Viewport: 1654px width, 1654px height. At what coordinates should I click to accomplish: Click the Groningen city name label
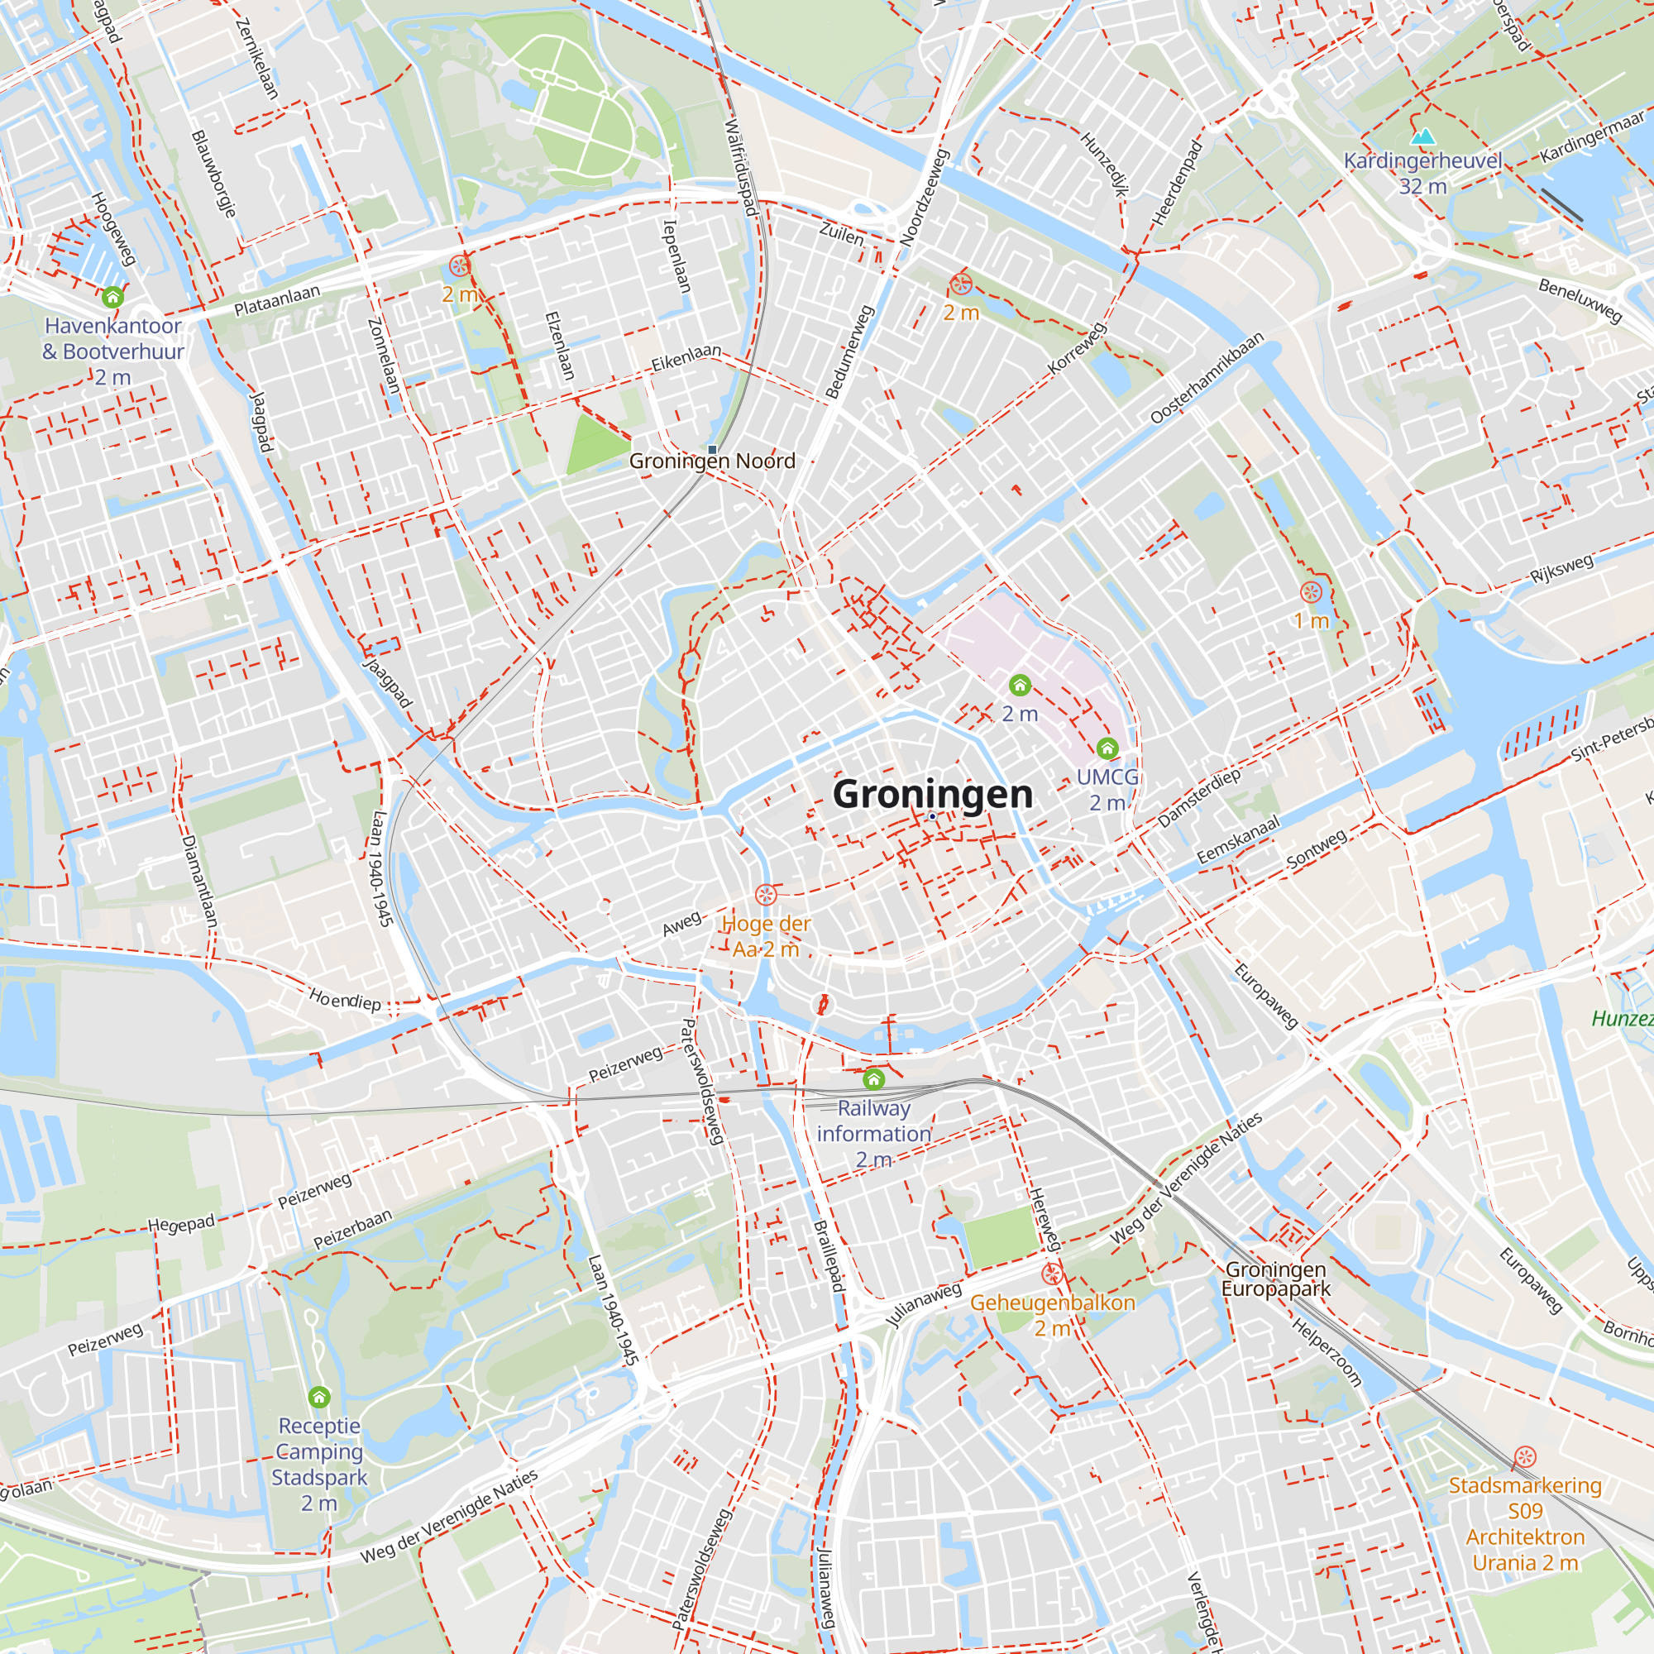pos(932,794)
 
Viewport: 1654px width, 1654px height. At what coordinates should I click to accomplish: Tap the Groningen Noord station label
pos(712,461)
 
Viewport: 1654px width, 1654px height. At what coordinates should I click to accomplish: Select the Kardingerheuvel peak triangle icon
pos(1422,137)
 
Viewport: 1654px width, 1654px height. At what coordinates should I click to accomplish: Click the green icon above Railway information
pos(873,1078)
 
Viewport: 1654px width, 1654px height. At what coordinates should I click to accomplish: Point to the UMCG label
pos(1107,777)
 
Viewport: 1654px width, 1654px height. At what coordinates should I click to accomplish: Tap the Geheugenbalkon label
pos(1052,1303)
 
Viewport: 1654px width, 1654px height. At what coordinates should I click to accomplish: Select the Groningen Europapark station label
pos(1275,1279)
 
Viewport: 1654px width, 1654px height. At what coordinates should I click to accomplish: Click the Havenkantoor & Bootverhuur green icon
pos(113,297)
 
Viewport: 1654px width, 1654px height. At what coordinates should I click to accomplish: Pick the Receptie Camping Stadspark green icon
pos(319,1398)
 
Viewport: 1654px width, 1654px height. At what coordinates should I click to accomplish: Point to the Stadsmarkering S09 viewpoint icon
pos(1525,1457)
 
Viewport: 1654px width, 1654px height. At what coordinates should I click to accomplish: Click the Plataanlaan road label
pos(276,300)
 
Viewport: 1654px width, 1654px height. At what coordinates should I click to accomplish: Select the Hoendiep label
pos(345,999)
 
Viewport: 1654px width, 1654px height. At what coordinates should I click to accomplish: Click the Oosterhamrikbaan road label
pos(1207,378)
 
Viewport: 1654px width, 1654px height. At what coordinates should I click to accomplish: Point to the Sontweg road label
pos(1317,849)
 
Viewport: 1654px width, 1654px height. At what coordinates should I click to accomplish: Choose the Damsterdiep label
pos(1198,798)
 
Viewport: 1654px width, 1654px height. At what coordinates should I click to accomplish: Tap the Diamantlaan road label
pos(199,881)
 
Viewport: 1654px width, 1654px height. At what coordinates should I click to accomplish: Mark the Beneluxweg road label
pos(1580,300)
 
